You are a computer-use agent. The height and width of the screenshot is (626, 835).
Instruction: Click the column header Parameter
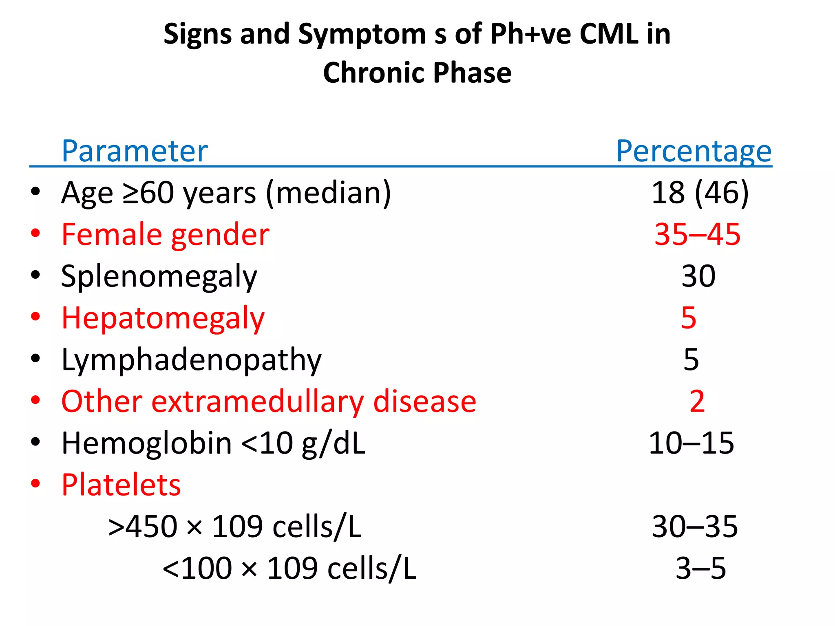tap(135, 151)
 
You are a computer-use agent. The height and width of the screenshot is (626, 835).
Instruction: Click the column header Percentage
tap(694, 151)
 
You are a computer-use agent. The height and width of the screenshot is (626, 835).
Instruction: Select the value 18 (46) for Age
tap(700, 192)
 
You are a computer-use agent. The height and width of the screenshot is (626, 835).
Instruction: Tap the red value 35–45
tap(697, 234)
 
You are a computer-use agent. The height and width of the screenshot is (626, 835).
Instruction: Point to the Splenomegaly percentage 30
tap(698, 276)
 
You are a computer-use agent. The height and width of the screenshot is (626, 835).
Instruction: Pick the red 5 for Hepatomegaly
tap(689, 317)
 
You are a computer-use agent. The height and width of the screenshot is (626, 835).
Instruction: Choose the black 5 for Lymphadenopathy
tap(691, 359)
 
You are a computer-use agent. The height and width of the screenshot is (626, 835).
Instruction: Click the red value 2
tap(697, 401)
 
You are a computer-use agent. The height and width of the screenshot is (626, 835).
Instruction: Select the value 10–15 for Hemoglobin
tap(691, 443)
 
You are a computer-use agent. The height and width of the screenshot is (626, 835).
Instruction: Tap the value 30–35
tap(695, 527)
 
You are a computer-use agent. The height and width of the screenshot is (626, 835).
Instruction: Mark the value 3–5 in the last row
tap(700, 568)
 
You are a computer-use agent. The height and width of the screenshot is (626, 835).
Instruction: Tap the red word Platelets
tap(121, 485)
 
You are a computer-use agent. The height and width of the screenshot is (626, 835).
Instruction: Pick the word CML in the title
tap(609, 34)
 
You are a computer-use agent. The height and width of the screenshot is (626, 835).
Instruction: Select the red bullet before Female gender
tap(35, 233)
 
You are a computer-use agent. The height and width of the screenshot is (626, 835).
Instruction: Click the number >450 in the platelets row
tap(143, 527)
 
